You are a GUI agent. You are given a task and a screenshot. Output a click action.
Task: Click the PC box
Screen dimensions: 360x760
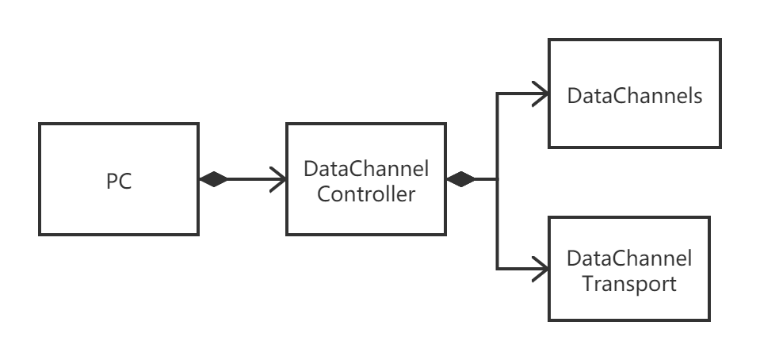119,179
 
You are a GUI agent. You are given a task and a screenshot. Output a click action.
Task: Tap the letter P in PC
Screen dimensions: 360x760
112,182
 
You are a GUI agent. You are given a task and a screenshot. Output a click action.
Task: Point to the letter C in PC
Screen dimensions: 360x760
125,182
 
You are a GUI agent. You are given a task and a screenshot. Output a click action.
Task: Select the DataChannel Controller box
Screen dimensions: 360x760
366,178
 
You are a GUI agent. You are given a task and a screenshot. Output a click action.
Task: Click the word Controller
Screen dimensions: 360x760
366,193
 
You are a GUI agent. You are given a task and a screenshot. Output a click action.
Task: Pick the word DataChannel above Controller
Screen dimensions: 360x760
366,169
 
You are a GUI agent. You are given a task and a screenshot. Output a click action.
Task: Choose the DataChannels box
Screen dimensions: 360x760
634,94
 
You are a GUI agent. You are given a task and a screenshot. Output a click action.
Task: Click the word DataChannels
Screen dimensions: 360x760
635,97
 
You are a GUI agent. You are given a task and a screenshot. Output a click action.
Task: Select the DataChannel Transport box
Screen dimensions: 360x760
628,269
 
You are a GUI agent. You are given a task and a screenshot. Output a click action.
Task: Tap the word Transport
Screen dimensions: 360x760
629,283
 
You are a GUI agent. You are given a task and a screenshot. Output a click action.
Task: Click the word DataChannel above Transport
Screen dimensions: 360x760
629,259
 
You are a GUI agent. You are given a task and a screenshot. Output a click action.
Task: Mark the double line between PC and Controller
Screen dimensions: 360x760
242,179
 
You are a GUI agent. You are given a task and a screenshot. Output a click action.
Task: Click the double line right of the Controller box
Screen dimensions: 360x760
478,179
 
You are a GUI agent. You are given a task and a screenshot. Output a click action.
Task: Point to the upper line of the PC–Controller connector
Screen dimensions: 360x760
242,171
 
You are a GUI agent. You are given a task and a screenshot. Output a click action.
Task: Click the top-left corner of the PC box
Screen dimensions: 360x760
42,126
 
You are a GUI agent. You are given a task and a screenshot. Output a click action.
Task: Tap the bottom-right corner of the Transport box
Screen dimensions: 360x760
706,317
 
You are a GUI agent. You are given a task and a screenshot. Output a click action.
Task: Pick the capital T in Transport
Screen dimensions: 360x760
587,283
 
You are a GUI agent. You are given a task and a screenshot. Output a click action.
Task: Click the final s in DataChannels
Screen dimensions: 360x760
698,98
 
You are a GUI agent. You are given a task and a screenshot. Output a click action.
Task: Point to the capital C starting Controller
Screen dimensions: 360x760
323,193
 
